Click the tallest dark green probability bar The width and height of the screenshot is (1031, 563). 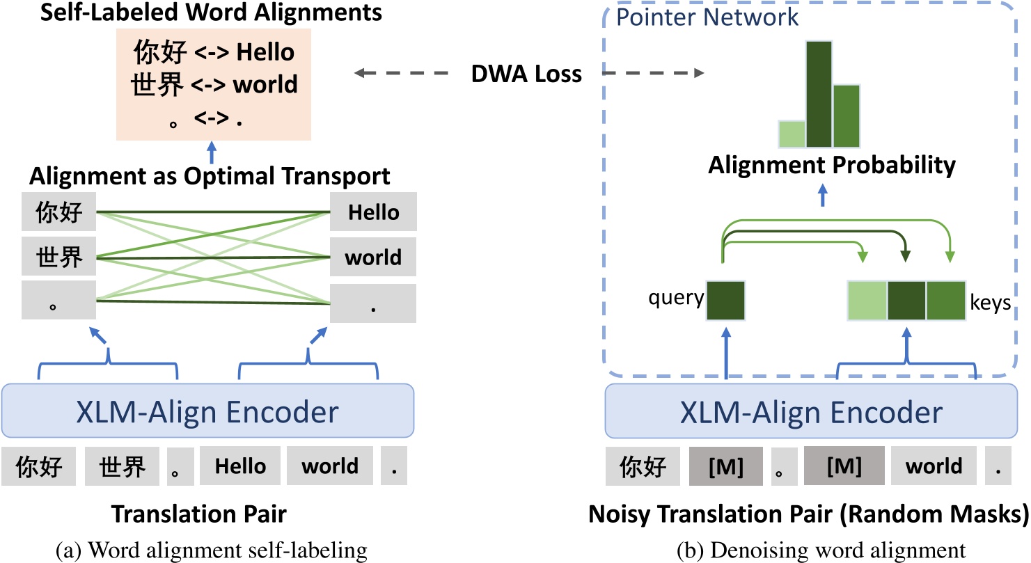coord(819,95)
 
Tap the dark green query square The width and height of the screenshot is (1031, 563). coord(725,301)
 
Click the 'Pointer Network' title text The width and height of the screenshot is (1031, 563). coord(708,17)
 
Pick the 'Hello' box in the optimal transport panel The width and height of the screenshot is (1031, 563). coord(373,212)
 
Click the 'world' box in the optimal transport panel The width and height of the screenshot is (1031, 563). coord(373,257)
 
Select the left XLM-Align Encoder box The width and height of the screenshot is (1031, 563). coord(209,412)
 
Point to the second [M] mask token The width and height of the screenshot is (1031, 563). coord(844,466)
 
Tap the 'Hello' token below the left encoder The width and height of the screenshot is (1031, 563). coord(239,466)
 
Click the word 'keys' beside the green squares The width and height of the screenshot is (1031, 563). coord(990,303)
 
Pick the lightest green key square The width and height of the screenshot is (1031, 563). coord(867,301)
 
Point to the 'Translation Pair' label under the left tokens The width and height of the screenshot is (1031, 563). coord(199,514)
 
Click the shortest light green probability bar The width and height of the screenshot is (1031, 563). coord(792,134)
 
